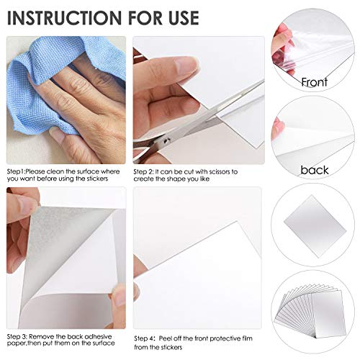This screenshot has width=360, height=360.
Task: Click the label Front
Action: pos(314,81)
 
